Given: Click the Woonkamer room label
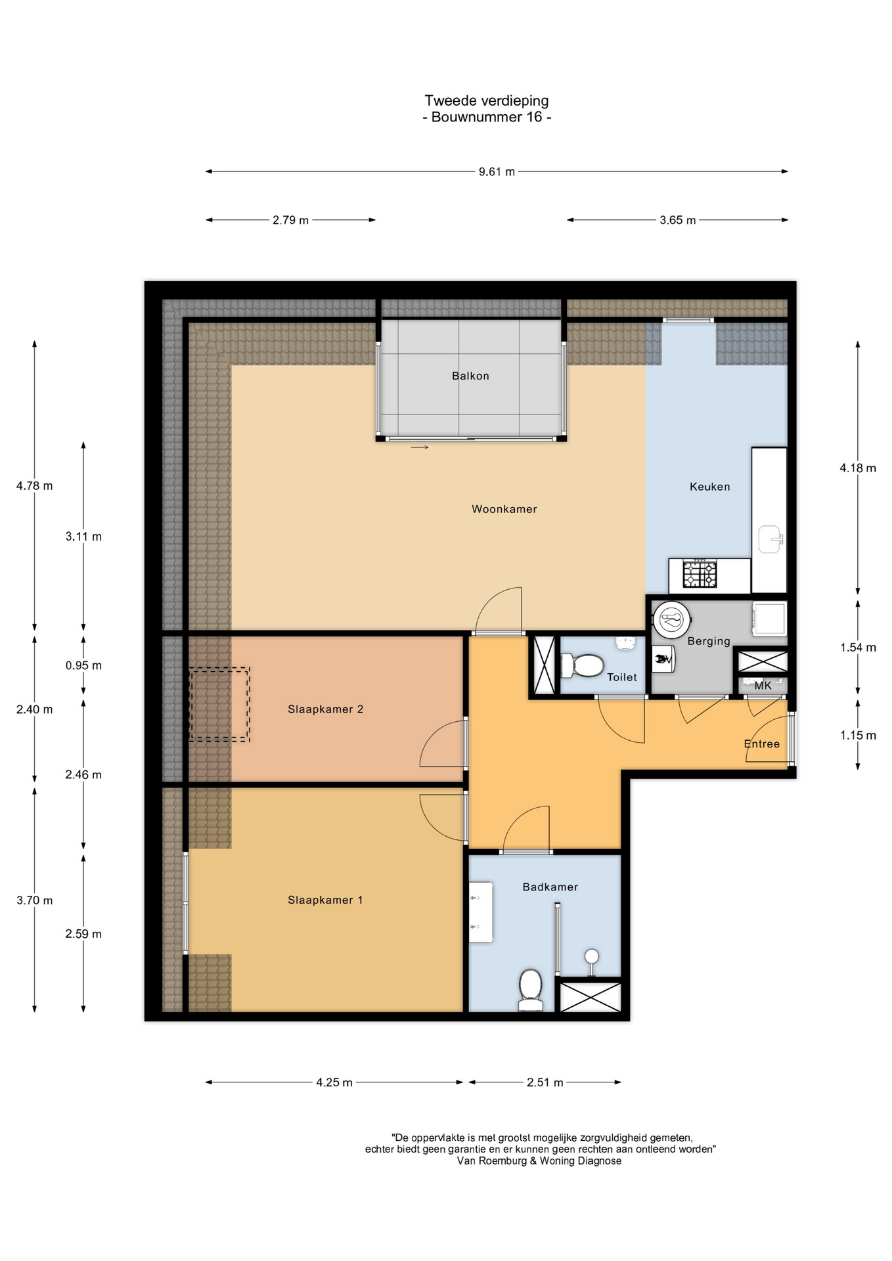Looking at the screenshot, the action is click(x=504, y=509).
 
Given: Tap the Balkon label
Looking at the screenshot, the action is click(x=470, y=376).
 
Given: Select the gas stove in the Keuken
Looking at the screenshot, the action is click(x=700, y=574).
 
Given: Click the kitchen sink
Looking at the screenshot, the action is click(x=770, y=540).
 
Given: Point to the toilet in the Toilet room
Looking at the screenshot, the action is click(x=582, y=665).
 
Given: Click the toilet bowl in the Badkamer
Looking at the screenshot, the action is click(x=530, y=989).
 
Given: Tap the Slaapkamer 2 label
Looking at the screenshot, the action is click(x=325, y=709).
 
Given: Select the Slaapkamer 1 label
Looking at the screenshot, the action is click(x=325, y=900).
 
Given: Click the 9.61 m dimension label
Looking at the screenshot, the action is click(x=497, y=172).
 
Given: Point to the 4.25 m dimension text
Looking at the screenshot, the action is click(x=334, y=1082).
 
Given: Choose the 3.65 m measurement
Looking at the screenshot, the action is click(x=678, y=221).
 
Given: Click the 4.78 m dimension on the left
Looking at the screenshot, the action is click(x=35, y=486).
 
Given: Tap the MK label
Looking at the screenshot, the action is click(x=763, y=686).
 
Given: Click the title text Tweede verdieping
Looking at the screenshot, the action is click(x=487, y=100).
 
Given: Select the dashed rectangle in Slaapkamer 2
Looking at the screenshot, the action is click(x=219, y=705).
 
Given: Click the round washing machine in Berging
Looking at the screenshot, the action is click(x=671, y=619).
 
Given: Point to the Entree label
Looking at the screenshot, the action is click(x=762, y=744).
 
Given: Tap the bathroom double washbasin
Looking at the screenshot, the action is click(x=481, y=912).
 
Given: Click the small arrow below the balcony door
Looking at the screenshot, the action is click(x=420, y=447).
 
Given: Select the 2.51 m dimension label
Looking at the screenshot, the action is click(x=545, y=1082).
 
